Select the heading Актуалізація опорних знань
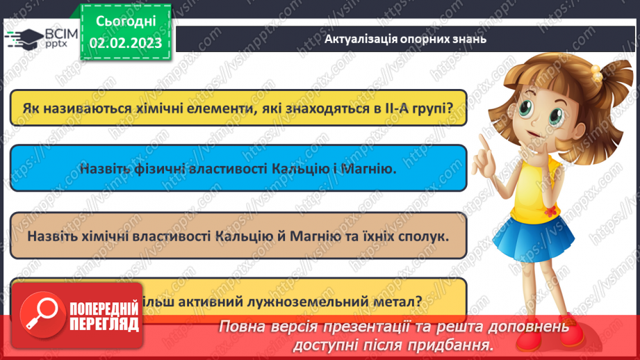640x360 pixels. [405, 39]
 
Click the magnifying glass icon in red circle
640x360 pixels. [39, 311]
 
